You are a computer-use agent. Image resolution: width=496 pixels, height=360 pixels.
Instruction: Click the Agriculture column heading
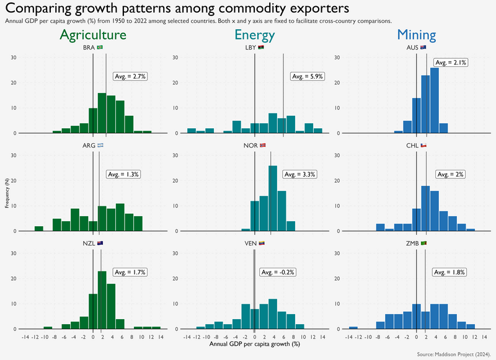(93, 35)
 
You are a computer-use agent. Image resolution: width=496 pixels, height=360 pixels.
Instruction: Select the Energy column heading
(255, 35)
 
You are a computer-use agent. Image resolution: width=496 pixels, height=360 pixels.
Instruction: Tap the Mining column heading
(417, 35)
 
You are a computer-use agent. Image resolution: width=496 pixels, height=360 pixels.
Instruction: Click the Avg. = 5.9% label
(308, 76)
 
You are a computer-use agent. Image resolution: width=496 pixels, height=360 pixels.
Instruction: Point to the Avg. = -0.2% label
(278, 272)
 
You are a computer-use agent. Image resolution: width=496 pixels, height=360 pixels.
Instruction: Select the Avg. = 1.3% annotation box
(123, 174)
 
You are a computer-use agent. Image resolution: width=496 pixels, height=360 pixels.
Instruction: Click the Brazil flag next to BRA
(100, 48)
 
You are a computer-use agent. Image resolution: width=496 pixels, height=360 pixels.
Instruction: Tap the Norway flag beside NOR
(262, 146)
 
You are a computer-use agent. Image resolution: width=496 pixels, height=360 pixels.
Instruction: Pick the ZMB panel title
(412, 244)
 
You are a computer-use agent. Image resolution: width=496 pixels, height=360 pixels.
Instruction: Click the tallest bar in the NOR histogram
(273, 198)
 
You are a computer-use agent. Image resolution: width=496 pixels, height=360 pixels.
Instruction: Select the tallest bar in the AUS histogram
(435, 100)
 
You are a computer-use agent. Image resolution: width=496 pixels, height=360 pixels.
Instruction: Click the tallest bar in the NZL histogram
(102, 300)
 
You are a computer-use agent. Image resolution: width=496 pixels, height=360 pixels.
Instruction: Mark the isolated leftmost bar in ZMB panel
(353, 328)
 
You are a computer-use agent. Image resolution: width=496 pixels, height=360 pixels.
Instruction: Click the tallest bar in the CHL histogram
(425, 209)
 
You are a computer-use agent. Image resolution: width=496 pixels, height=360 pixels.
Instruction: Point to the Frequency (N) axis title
(7, 193)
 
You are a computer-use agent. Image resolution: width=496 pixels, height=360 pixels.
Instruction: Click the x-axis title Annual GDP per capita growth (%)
(255, 344)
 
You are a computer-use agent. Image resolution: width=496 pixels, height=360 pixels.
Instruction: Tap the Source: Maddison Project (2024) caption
(454, 354)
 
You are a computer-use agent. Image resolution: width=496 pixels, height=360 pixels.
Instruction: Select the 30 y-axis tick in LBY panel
(175, 58)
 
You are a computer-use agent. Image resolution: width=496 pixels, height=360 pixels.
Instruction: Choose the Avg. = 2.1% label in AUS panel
(451, 63)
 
